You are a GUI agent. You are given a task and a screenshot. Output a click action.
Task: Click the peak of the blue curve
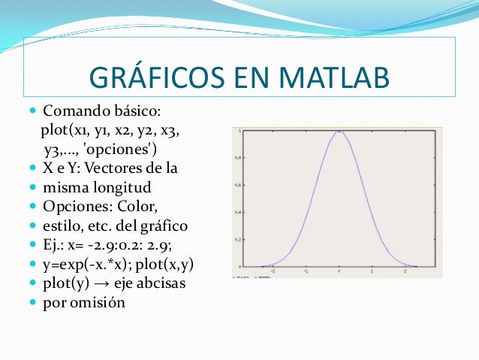[339, 132]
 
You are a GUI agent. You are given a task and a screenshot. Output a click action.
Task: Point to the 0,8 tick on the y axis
[239, 158]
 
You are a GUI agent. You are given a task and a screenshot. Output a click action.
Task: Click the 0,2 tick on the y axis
[239, 240]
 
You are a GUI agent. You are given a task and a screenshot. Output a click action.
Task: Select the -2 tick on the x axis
[273, 272]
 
